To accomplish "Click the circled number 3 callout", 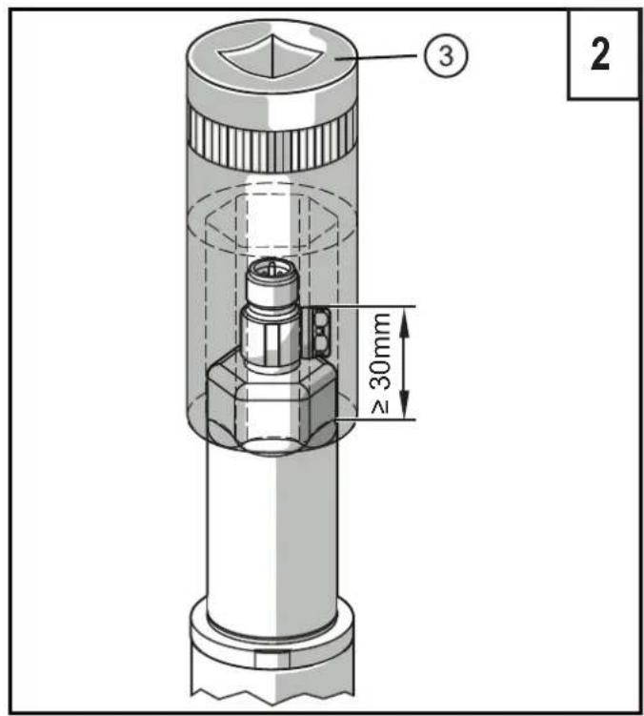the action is pyautogui.click(x=446, y=56).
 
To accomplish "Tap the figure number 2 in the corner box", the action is pyautogui.click(x=600, y=54).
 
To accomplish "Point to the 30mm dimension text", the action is pyautogui.click(x=380, y=351).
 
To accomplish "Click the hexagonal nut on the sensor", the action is pyautogui.click(x=272, y=406).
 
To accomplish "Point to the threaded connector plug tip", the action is pyautogui.click(x=271, y=278).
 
